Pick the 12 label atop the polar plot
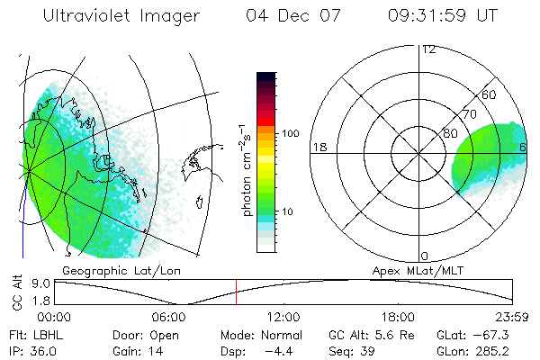428,49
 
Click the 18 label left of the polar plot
318,147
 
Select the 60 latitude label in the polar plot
490,95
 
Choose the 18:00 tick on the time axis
398,317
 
